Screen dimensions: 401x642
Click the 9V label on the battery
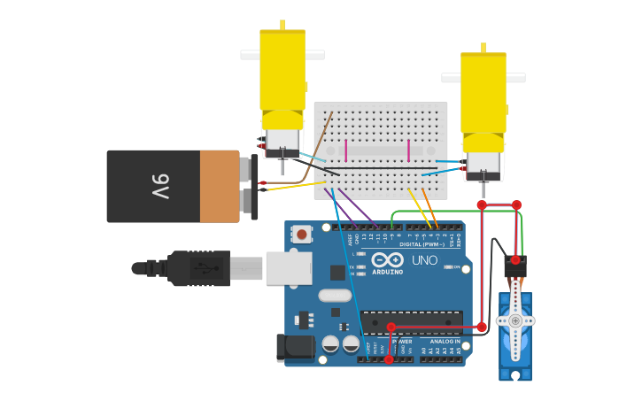click(x=160, y=187)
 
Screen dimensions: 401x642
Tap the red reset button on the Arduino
click(x=302, y=235)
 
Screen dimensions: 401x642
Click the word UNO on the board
click(x=424, y=259)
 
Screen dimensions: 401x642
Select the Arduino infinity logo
click(x=388, y=259)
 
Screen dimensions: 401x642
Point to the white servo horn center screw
click(x=514, y=320)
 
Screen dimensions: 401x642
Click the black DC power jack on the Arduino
click(x=294, y=348)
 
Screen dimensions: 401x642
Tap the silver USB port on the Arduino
click(x=288, y=268)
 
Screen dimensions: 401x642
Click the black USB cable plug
click(x=199, y=267)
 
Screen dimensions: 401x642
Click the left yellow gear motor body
click(x=282, y=71)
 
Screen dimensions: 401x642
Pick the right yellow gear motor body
click(x=483, y=93)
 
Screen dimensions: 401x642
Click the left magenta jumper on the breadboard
click(x=345, y=150)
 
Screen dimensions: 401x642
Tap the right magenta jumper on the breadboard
click(x=408, y=150)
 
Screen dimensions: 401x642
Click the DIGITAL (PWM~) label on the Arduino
click(x=423, y=244)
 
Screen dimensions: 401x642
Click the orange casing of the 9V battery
click(x=219, y=186)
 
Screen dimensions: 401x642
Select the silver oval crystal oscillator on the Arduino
click(x=335, y=295)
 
